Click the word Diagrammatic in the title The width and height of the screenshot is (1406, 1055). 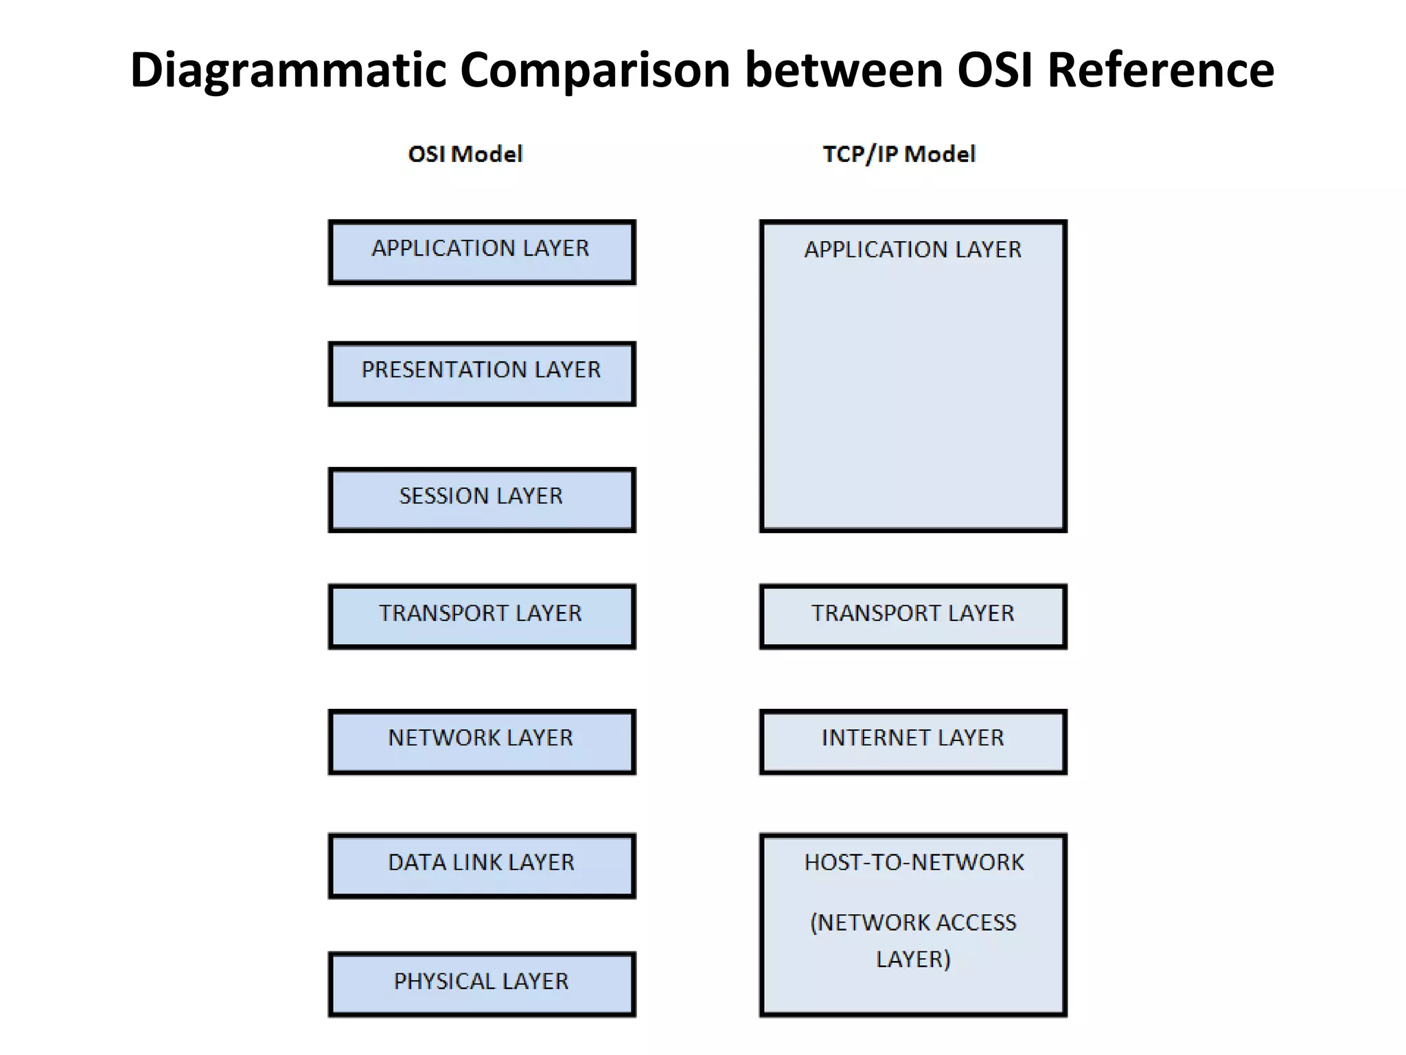(288, 71)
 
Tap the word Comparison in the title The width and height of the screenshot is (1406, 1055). (595, 71)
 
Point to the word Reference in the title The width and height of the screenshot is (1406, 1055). (1160, 71)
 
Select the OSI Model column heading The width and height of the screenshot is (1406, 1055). (465, 154)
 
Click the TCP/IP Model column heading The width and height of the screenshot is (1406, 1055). (899, 154)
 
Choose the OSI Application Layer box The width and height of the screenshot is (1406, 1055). (481, 252)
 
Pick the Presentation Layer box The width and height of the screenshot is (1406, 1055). (481, 374)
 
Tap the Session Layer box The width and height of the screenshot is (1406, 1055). (481, 499)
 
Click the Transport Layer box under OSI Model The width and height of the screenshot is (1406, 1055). (481, 616)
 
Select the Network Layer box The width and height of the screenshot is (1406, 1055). (481, 741)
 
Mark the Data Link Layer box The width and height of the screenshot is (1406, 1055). (481, 865)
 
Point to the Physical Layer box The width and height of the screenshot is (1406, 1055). (481, 984)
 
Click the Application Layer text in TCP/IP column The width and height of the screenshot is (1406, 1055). (912, 249)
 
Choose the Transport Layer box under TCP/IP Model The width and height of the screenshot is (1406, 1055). (912, 616)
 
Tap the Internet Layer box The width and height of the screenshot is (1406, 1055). (912, 741)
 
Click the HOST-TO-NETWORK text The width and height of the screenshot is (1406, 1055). (914, 863)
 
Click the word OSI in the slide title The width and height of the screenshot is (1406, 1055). (995, 71)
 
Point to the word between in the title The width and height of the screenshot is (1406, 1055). (844, 71)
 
